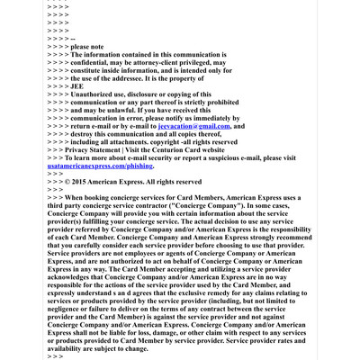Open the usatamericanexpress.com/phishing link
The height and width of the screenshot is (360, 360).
tap(100, 166)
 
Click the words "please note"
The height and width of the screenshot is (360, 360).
tap(87, 46)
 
